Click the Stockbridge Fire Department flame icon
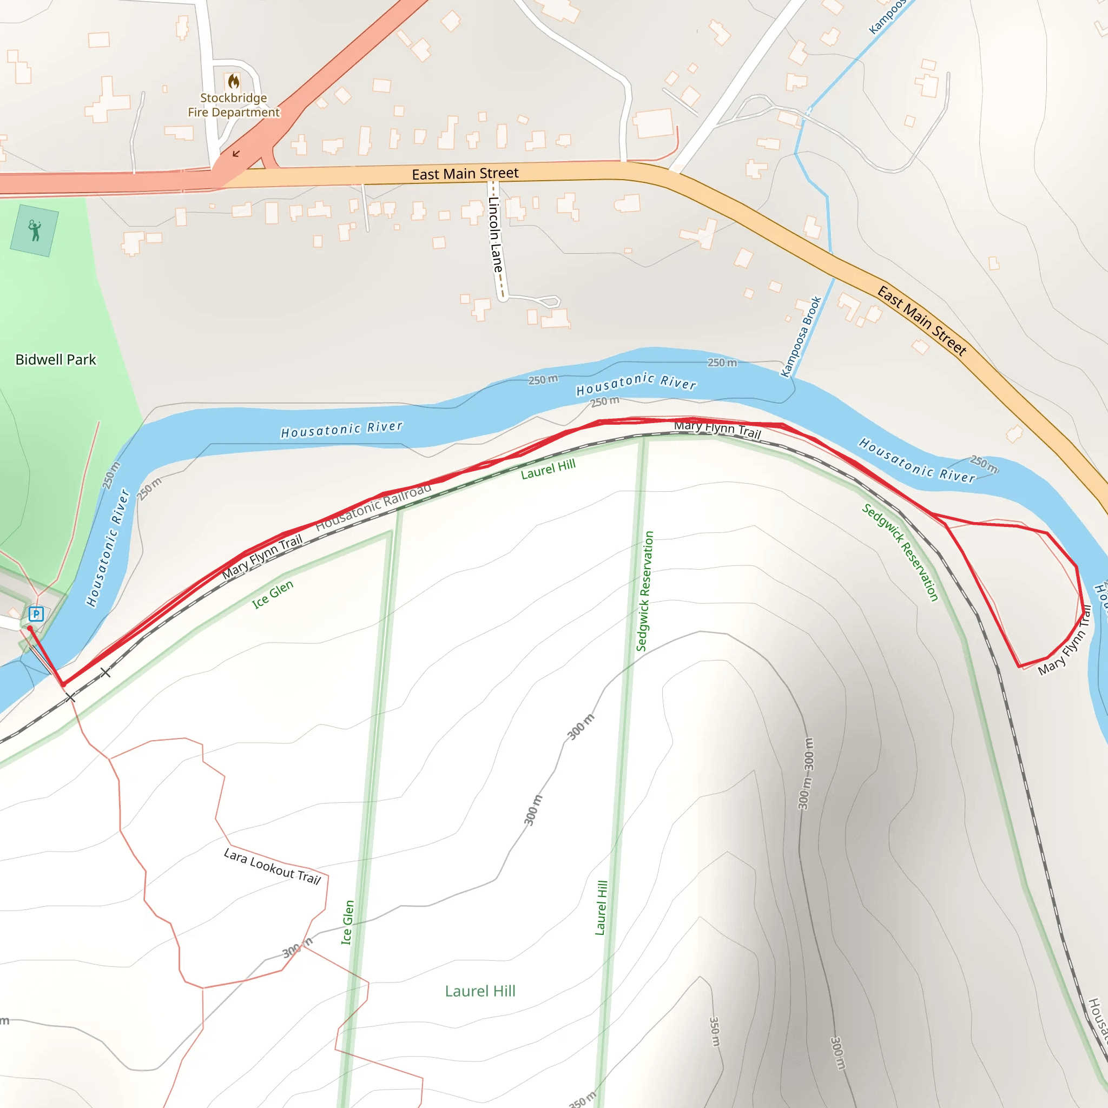coord(233,81)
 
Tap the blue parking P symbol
coord(36,614)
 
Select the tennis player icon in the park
coord(35,230)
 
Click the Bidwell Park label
coord(56,360)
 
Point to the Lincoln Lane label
coord(496,235)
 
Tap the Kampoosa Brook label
coord(801,337)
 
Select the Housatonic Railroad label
coord(373,506)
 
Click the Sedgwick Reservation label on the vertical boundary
coord(644,591)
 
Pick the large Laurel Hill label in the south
coord(480,991)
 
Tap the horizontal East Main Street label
coord(465,173)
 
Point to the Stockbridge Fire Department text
coord(233,105)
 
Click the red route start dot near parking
coord(30,629)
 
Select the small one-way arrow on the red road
coord(236,154)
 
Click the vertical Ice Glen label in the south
coord(347,922)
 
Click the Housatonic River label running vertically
coord(108,548)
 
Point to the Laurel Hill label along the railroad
coord(548,469)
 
